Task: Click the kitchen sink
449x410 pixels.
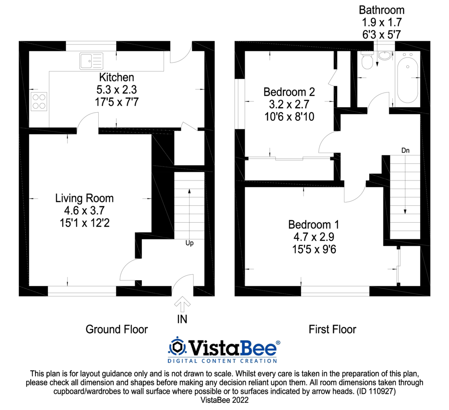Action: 91,61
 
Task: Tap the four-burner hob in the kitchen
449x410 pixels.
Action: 39,101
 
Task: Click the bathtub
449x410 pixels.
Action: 408,79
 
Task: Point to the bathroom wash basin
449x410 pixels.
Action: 384,56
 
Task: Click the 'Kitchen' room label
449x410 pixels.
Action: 116,77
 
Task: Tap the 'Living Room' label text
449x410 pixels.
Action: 84,198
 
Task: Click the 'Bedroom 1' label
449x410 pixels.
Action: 313,224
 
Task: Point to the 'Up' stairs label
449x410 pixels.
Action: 189,243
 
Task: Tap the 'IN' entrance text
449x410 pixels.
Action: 182,320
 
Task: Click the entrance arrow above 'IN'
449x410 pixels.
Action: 182,305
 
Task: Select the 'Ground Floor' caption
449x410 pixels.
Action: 117,330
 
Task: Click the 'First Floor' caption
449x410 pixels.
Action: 332,330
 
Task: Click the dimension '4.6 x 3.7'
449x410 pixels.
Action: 84,210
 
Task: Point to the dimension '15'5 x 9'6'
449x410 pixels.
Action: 313,249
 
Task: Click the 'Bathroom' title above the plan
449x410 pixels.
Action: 382,10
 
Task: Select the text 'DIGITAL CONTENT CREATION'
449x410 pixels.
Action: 222,361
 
